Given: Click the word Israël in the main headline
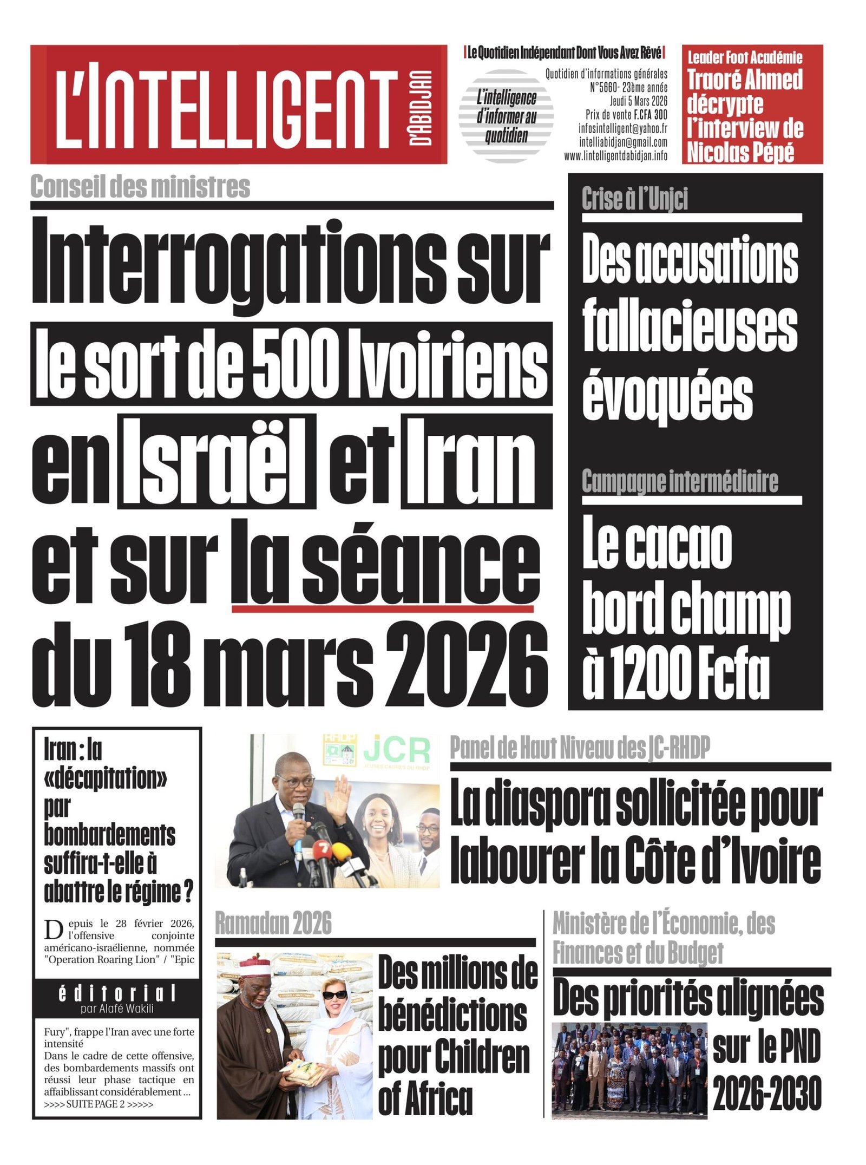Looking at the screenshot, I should pyautogui.click(x=218, y=462).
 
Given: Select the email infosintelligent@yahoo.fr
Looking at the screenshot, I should pyautogui.click(x=622, y=128).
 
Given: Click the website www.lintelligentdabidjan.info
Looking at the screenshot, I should pyautogui.click(x=615, y=156).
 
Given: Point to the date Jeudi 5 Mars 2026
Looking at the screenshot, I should pyautogui.click(x=638, y=101).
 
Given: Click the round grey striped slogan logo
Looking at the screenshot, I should pyautogui.click(x=506, y=116).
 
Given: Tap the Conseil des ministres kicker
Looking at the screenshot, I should pyautogui.click(x=140, y=187).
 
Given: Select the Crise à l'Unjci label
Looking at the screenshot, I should pyautogui.click(x=634, y=199).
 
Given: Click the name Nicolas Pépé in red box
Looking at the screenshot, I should pyautogui.click(x=740, y=153).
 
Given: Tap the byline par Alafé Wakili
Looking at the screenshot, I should pyautogui.click(x=117, y=1009).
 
